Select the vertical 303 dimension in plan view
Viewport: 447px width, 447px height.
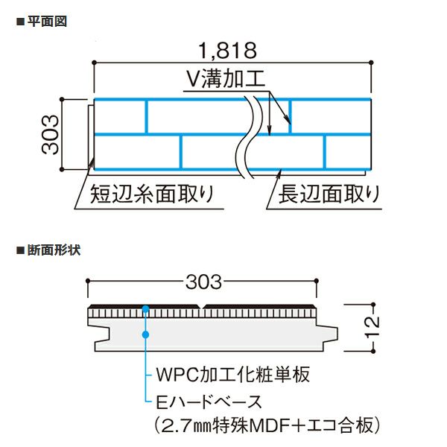coord(49,134)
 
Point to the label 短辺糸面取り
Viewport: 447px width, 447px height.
coord(152,195)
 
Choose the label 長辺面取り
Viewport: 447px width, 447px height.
coord(328,195)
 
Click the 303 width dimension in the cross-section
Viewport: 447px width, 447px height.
coord(204,282)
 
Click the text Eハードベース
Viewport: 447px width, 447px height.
coord(211,402)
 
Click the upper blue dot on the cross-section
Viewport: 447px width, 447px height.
coord(147,308)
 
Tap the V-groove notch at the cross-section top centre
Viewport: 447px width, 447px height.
coord(203,308)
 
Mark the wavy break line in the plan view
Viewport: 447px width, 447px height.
coord(253,134)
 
